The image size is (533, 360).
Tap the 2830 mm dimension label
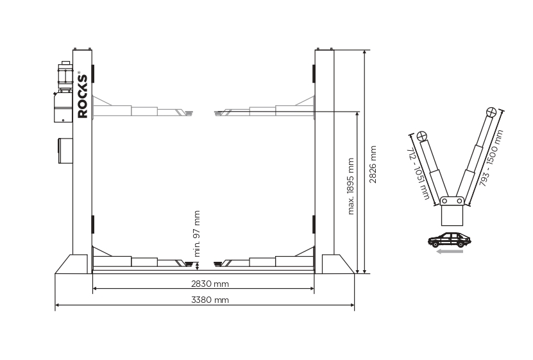click(x=210, y=284)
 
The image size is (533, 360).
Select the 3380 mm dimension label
click(x=210, y=300)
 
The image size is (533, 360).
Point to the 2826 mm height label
click(x=373, y=164)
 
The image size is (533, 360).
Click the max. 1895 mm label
click(x=351, y=186)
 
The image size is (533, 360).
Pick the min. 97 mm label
click(x=196, y=234)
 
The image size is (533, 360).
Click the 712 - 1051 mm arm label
click(x=418, y=173)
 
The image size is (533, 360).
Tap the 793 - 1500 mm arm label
click(x=491, y=158)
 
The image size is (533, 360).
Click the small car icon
click(x=450, y=240)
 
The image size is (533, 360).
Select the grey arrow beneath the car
click(x=450, y=252)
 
